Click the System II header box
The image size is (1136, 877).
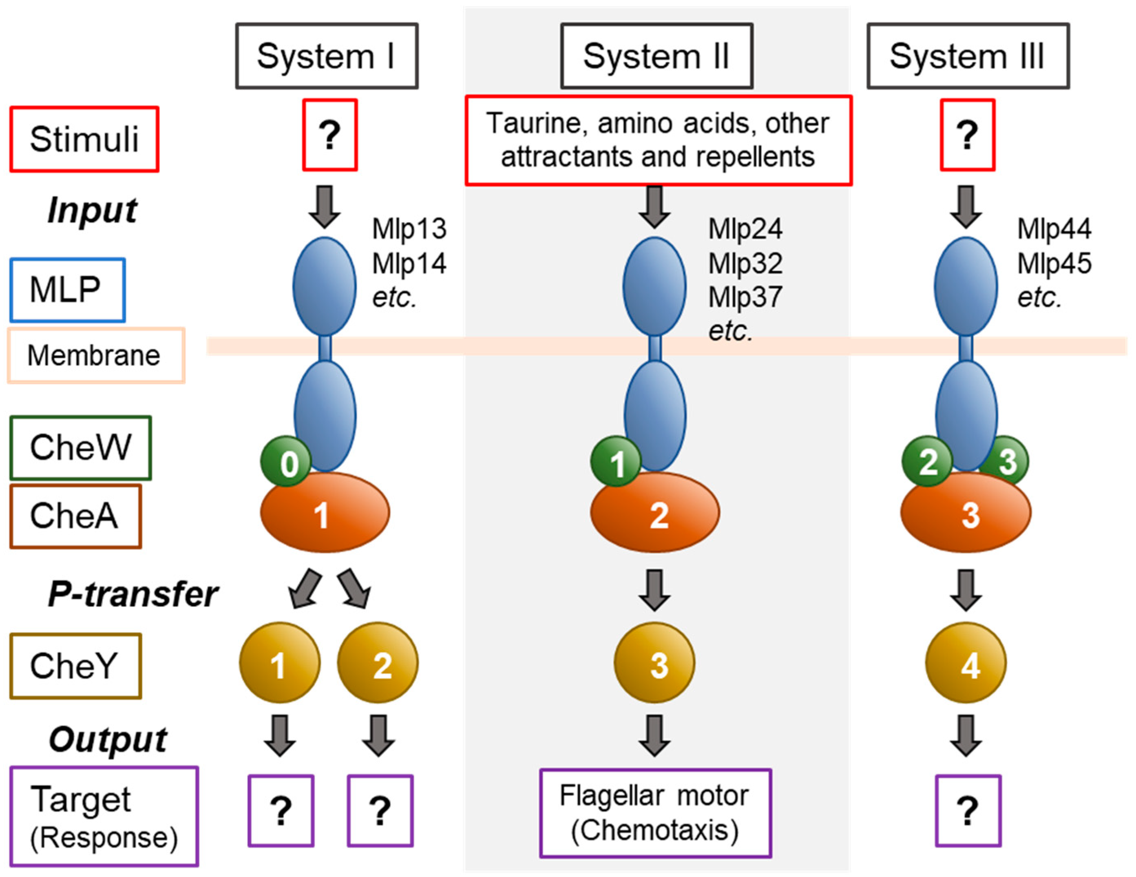click(656, 56)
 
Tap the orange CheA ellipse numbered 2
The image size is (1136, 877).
click(655, 513)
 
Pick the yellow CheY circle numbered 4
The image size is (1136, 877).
click(966, 663)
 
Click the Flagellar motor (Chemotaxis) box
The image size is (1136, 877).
click(655, 813)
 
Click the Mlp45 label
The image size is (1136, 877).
click(1054, 264)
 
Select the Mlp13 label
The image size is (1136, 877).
click(409, 229)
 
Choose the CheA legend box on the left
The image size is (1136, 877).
click(75, 516)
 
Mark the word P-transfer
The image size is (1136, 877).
click(133, 594)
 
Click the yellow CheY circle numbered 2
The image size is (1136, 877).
click(378, 663)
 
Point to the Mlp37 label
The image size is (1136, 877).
click(745, 298)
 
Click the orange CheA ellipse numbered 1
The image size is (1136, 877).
click(325, 513)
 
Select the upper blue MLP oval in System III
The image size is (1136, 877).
click(966, 286)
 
